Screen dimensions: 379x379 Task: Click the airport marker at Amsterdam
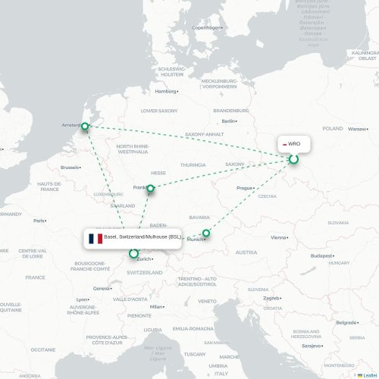(x=85, y=127)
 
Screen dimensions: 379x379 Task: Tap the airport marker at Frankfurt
(x=151, y=188)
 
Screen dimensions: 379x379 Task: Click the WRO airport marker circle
(x=294, y=159)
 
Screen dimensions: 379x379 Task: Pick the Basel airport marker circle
(x=134, y=254)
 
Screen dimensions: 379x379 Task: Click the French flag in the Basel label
(x=96, y=238)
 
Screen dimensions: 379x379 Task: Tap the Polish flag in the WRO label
(x=283, y=144)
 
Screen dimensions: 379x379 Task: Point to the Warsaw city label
(x=356, y=129)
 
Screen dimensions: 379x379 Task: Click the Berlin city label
(x=227, y=121)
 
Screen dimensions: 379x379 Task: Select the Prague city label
(x=243, y=187)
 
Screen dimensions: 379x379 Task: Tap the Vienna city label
(x=279, y=237)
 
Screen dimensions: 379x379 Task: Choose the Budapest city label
(x=321, y=255)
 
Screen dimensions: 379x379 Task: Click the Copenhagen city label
(x=206, y=27)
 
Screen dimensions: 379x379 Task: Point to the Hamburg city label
(x=165, y=91)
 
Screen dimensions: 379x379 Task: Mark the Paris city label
(x=39, y=221)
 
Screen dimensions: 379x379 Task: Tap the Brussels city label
(x=70, y=167)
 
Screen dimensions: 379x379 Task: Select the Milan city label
(x=156, y=306)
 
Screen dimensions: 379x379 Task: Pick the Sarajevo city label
(x=312, y=345)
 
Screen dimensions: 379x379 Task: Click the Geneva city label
(x=102, y=288)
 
